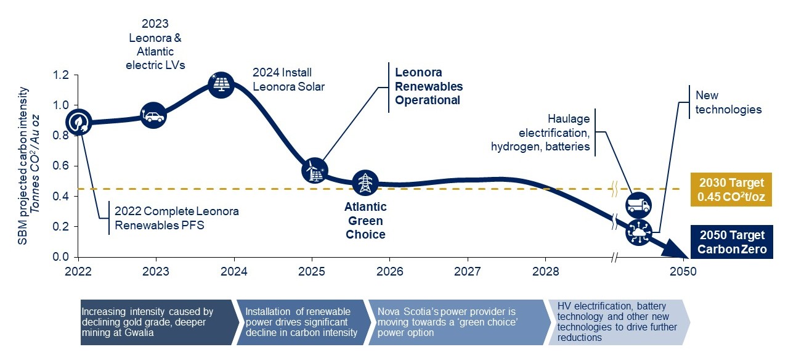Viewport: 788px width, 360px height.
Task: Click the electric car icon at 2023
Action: click(x=153, y=115)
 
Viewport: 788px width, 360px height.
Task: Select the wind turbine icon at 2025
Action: click(x=315, y=170)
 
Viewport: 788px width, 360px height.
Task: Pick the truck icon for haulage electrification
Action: click(x=638, y=204)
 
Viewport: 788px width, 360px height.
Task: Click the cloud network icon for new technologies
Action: click(x=638, y=232)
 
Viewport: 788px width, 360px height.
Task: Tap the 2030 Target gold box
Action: click(x=731, y=189)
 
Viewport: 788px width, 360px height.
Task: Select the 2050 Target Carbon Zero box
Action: click(x=731, y=242)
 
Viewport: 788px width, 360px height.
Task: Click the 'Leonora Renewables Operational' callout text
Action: click(x=428, y=86)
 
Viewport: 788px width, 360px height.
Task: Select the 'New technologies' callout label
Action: click(x=728, y=102)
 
